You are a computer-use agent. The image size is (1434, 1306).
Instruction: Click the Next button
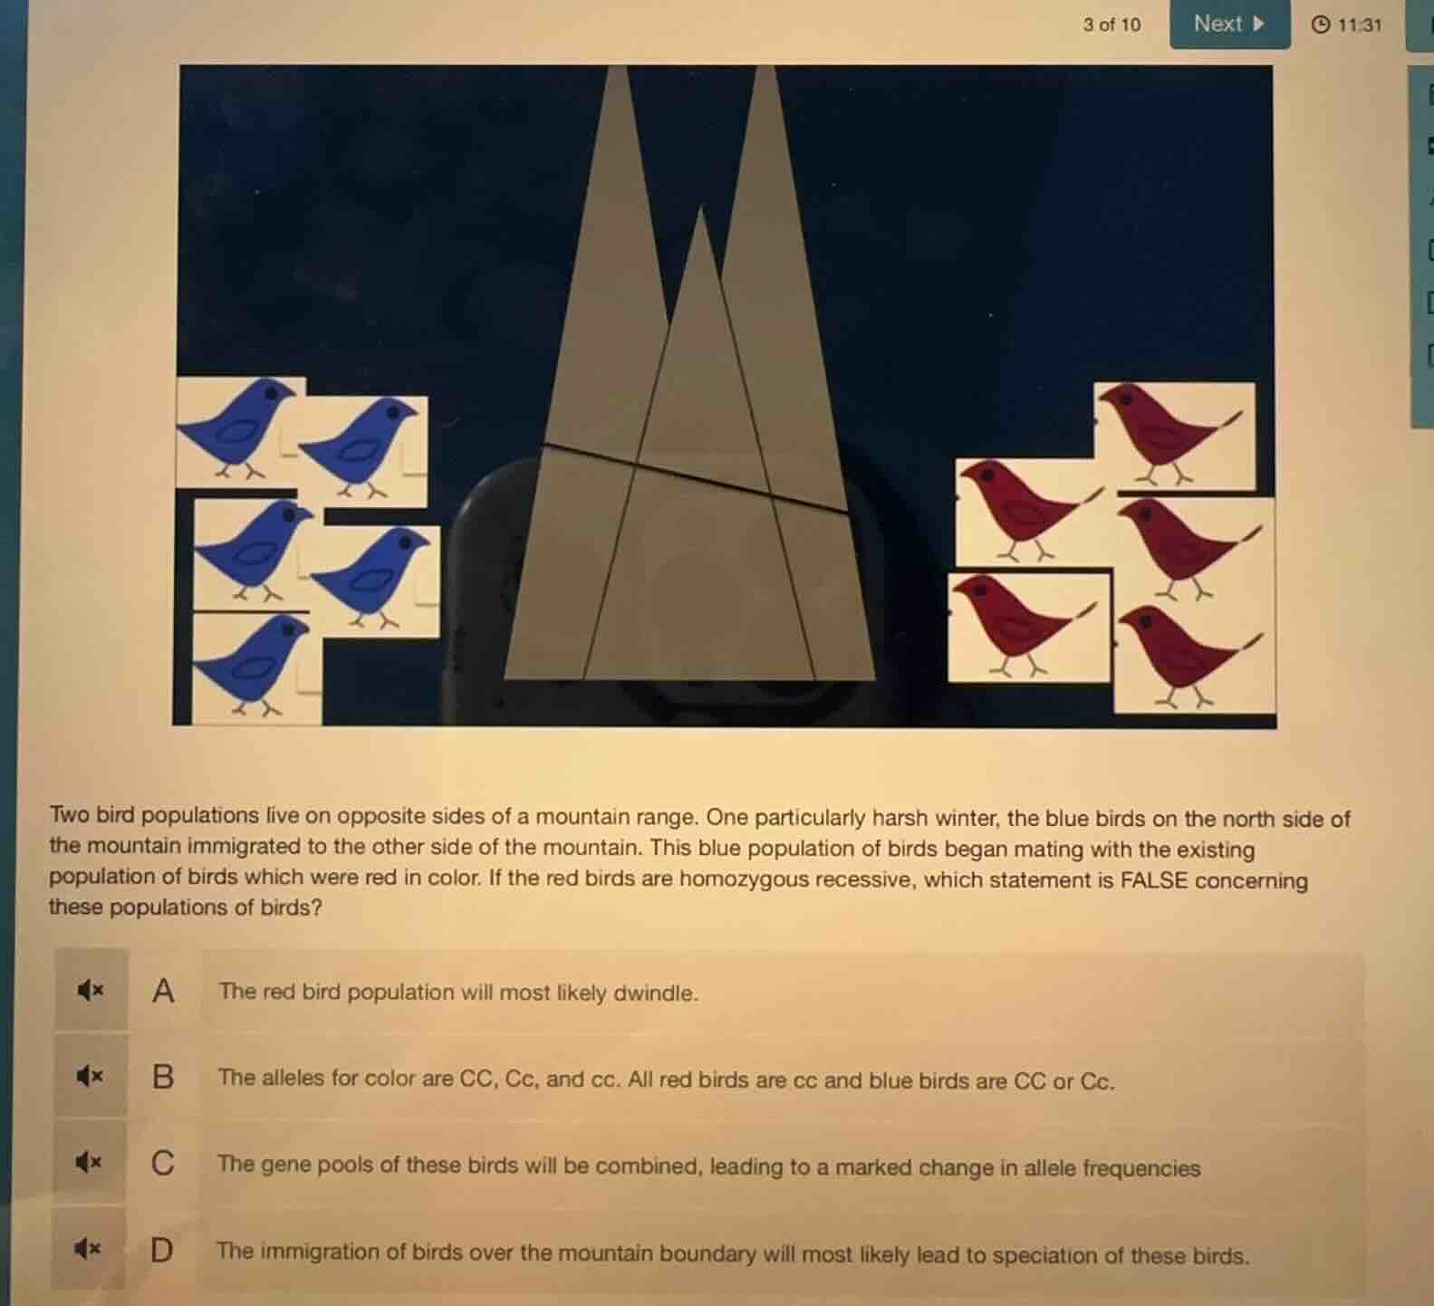pos(1228,24)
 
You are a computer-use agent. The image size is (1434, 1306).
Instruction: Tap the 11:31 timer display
pos(1347,25)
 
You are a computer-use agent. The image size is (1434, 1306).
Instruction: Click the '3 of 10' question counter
pos(1112,25)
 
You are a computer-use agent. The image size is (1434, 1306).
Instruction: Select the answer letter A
pos(163,991)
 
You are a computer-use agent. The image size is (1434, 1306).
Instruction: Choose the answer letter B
pos(163,1077)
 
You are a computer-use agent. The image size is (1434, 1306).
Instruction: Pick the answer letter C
pos(163,1163)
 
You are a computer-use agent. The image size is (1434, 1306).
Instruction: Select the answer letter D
pos(161,1251)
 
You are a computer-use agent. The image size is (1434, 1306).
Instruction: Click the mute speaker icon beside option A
pos(90,991)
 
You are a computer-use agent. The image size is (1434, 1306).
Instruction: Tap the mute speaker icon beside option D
pos(88,1249)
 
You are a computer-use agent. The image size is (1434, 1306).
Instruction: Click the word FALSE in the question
pos(1153,880)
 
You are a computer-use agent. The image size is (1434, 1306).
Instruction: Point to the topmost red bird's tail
pos(1232,419)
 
